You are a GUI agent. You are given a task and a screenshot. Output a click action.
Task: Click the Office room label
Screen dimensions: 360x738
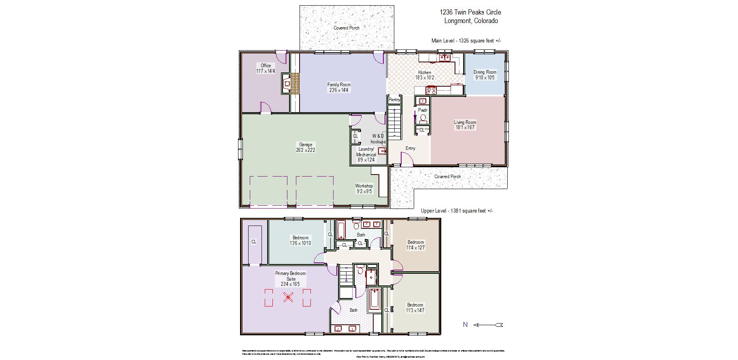click(x=266, y=66)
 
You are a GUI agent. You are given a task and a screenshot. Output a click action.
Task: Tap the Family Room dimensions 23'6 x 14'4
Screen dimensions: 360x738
click(x=339, y=90)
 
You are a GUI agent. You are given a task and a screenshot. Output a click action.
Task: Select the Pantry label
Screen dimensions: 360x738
click(x=394, y=100)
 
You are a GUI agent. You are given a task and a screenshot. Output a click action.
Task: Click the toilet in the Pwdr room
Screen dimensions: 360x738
click(x=423, y=118)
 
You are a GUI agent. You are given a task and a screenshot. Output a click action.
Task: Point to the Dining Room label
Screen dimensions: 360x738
click(x=485, y=72)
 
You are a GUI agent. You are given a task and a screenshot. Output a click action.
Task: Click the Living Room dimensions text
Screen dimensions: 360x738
click(x=465, y=128)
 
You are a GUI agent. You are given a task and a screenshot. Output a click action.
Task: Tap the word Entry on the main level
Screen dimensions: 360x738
click(x=410, y=148)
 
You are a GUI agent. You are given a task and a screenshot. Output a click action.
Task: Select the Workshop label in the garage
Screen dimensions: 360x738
click(x=364, y=186)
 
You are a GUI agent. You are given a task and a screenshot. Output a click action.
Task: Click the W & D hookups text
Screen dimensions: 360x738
click(x=378, y=139)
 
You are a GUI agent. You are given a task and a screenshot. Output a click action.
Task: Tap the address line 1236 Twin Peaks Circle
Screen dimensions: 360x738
click(x=470, y=13)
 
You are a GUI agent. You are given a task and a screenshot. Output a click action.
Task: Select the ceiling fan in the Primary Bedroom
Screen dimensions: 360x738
click(x=288, y=298)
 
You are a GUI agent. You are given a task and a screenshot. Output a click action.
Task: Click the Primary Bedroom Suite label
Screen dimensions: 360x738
click(x=290, y=276)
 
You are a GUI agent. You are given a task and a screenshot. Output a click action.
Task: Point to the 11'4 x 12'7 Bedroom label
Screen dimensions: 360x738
click(x=415, y=245)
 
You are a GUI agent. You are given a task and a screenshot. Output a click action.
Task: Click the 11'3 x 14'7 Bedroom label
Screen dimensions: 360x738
click(x=415, y=308)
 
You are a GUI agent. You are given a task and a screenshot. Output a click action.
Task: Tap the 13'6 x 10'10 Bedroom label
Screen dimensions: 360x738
click(x=300, y=241)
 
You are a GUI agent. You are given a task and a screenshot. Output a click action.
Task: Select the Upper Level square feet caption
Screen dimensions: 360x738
click(x=457, y=211)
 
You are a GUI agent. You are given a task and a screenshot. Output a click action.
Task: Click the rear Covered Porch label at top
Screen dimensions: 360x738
click(x=346, y=28)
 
